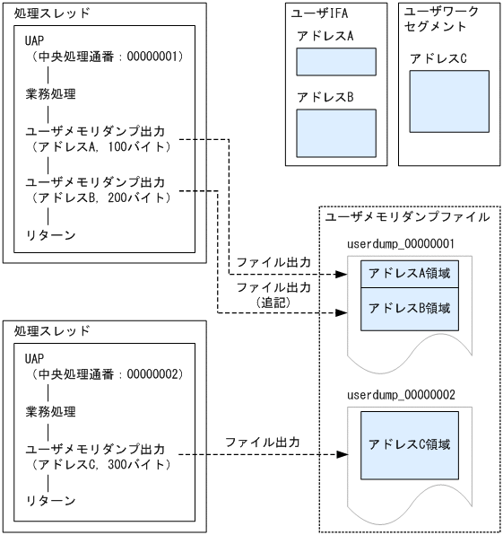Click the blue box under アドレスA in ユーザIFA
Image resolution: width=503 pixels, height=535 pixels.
coord(335,62)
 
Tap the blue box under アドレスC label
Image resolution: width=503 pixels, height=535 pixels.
coord(448,101)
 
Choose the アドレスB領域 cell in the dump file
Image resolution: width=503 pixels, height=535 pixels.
coord(411,308)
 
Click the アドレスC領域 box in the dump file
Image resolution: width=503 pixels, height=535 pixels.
coord(411,444)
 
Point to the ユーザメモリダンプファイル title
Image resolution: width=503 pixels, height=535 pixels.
coord(407,216)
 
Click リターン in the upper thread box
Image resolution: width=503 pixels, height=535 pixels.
coord(50,235)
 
